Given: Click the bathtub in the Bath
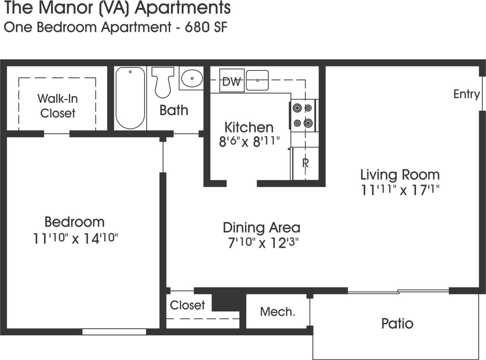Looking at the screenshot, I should coord(130,98).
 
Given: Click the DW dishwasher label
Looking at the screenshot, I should coord(232,81).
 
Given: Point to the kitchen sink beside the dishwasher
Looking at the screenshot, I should coord(257,80).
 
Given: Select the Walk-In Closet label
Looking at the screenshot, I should coord(58,105).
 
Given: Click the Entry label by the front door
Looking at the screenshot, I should coord(466,94).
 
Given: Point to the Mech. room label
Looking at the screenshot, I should coord(278,312).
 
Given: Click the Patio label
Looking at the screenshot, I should coord(397,323).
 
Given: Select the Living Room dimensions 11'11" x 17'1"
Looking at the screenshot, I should coord(400,191).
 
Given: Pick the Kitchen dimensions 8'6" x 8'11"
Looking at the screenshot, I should coord(249,142).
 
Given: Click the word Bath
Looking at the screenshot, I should coord(173,110).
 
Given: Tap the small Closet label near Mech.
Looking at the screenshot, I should coord(187,305).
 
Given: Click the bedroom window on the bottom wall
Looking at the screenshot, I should coord(114,332).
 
